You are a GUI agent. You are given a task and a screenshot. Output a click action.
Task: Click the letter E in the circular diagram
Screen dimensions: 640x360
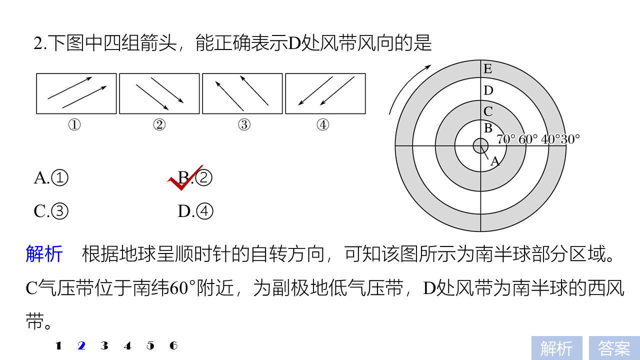point(487,69)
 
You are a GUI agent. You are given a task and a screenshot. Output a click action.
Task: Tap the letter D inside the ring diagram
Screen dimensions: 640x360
point(488,90)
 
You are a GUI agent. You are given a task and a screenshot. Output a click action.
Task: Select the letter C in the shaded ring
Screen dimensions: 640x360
point(488,111)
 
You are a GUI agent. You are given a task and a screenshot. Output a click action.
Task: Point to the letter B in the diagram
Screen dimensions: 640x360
point(488,128)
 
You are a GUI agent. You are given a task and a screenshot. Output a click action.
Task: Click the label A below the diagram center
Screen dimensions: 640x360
point(495,161)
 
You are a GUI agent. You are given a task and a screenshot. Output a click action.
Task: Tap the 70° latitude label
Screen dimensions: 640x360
point(506,139)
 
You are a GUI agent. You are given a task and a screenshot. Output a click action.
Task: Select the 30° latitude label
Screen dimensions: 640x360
point(570,139)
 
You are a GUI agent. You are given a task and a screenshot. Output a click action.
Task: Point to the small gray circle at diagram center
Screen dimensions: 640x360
point(480,146)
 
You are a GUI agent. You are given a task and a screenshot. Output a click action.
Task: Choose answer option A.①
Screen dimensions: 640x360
point(51,177)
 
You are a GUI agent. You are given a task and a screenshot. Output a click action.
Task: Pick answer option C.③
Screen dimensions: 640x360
point(51,211)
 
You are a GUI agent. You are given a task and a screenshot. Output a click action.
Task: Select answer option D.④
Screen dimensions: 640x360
point(195,211)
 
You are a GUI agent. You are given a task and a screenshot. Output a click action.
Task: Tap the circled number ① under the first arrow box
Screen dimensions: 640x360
point(74,125)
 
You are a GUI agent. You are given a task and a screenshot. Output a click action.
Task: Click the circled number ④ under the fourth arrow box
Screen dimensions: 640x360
point(323,125)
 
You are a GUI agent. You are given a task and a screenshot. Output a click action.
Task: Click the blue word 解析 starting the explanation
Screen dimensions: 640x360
point(44,253)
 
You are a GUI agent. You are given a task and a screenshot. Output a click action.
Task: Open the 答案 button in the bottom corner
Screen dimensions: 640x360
point(614,348)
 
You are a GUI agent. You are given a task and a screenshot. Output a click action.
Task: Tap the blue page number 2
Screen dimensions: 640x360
point(81,345)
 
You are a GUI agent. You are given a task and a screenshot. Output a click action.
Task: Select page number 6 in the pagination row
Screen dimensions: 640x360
point(173,345)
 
